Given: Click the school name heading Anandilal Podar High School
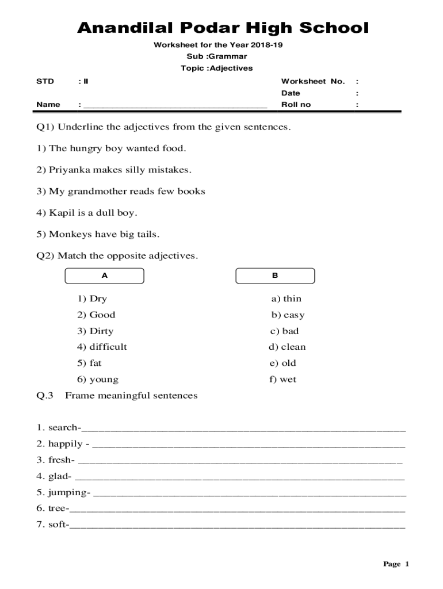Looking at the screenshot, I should [x=223, y=28].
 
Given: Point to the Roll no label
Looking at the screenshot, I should [x=296, y=105].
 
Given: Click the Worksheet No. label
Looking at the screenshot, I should [x=312, y=81].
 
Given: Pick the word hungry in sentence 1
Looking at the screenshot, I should [x=86, y=148].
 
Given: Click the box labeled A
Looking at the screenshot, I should [x=105, y=276].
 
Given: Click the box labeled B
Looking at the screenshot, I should [x=275, y=276].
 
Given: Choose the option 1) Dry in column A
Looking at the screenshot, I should [x=92, y=299].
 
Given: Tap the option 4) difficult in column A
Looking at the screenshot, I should [x=102, y=347].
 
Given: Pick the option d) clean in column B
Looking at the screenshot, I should [x=287, y=347].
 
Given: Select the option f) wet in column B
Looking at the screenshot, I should [x=282, y=379].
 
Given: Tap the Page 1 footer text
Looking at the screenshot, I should [x=396, y=564].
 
